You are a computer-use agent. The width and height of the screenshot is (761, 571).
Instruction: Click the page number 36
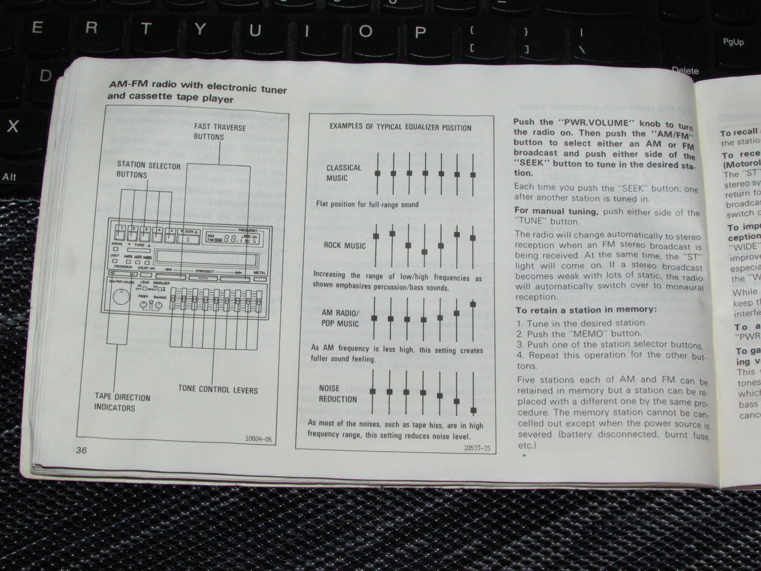coord(81,449)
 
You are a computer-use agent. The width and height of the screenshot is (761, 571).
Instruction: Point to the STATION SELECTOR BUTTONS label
coord(148,170)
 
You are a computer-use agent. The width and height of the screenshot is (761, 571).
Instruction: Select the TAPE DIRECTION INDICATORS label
coord(122,402)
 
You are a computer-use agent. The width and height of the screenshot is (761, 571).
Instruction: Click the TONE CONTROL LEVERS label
coord(218,389)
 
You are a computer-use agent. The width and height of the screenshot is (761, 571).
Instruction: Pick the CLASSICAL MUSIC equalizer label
coord(343,173)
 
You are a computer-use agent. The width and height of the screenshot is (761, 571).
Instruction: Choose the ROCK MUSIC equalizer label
coord(344,245)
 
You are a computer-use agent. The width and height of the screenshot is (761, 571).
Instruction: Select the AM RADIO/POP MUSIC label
coord(340,318)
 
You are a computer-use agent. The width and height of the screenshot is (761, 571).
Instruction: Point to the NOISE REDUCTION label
coord(338,394)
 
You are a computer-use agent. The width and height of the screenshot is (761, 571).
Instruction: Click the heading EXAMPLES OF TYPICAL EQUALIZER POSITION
coord(400,127)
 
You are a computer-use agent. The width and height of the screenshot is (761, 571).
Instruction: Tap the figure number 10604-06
coord(258,439)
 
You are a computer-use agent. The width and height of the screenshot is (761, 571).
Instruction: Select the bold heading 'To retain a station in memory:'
coord(586,310)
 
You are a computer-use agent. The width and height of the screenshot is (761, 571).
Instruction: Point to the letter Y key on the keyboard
coord(200,29)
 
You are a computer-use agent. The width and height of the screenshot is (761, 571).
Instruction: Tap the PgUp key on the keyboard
coord(733,42)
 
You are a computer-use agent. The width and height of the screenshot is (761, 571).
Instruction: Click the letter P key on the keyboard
coord(420,33)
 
